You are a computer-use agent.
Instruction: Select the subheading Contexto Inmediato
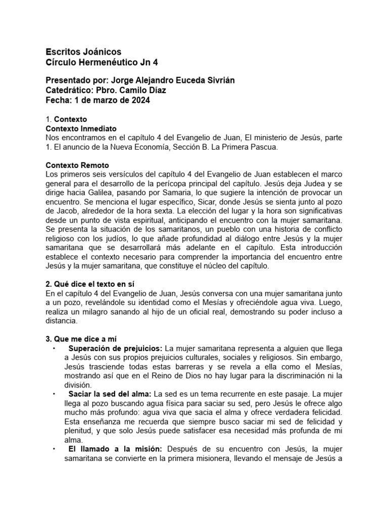click(x=81, y=129)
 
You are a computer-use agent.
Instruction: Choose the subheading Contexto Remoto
click(x=77, y=166)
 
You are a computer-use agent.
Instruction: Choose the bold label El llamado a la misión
click(x=114, y=450)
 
